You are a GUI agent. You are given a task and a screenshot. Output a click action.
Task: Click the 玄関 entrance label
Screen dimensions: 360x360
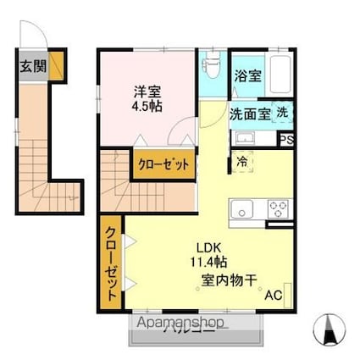[x=32, y=65]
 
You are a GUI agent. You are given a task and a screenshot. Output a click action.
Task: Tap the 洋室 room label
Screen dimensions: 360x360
[x=146, y=91]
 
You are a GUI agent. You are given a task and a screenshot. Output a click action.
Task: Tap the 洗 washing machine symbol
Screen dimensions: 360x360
[x=280, y=113]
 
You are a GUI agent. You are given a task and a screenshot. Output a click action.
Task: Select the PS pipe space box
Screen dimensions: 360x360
[x=287, y=141]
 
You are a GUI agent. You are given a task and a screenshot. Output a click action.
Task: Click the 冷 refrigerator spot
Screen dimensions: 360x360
[x=243, y=160]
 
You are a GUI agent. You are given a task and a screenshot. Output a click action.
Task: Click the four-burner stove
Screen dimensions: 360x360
[x=279, y=207]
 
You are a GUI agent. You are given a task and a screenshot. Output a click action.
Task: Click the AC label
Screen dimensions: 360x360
[x=274, y=296]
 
